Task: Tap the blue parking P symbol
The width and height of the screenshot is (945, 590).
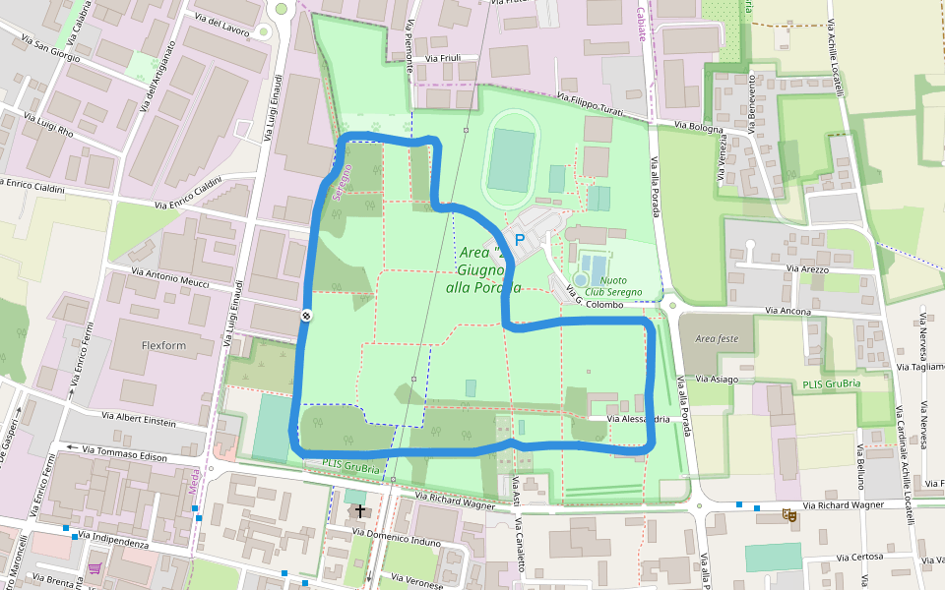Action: pos(520,240)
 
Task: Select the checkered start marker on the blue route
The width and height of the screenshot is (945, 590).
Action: pos(306,316)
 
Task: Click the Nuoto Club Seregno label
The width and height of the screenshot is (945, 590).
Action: pos(613,287)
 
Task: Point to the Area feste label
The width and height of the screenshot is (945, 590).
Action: pos(716,338)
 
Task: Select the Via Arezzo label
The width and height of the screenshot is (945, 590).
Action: pos(806,268)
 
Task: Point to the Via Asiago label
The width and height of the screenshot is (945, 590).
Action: pos(717,379)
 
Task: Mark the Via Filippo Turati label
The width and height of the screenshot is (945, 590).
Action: pos(591,105)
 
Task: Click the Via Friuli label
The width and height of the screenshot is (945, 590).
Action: pos(442,58)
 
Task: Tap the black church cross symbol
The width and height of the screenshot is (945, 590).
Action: pos(360,511)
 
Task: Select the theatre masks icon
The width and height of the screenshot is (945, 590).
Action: pos(788,514)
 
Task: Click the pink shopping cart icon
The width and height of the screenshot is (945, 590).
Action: pos(94,567)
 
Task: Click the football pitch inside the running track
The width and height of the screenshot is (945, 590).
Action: pos(510,159)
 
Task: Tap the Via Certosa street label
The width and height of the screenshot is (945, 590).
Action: pos(860,558)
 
